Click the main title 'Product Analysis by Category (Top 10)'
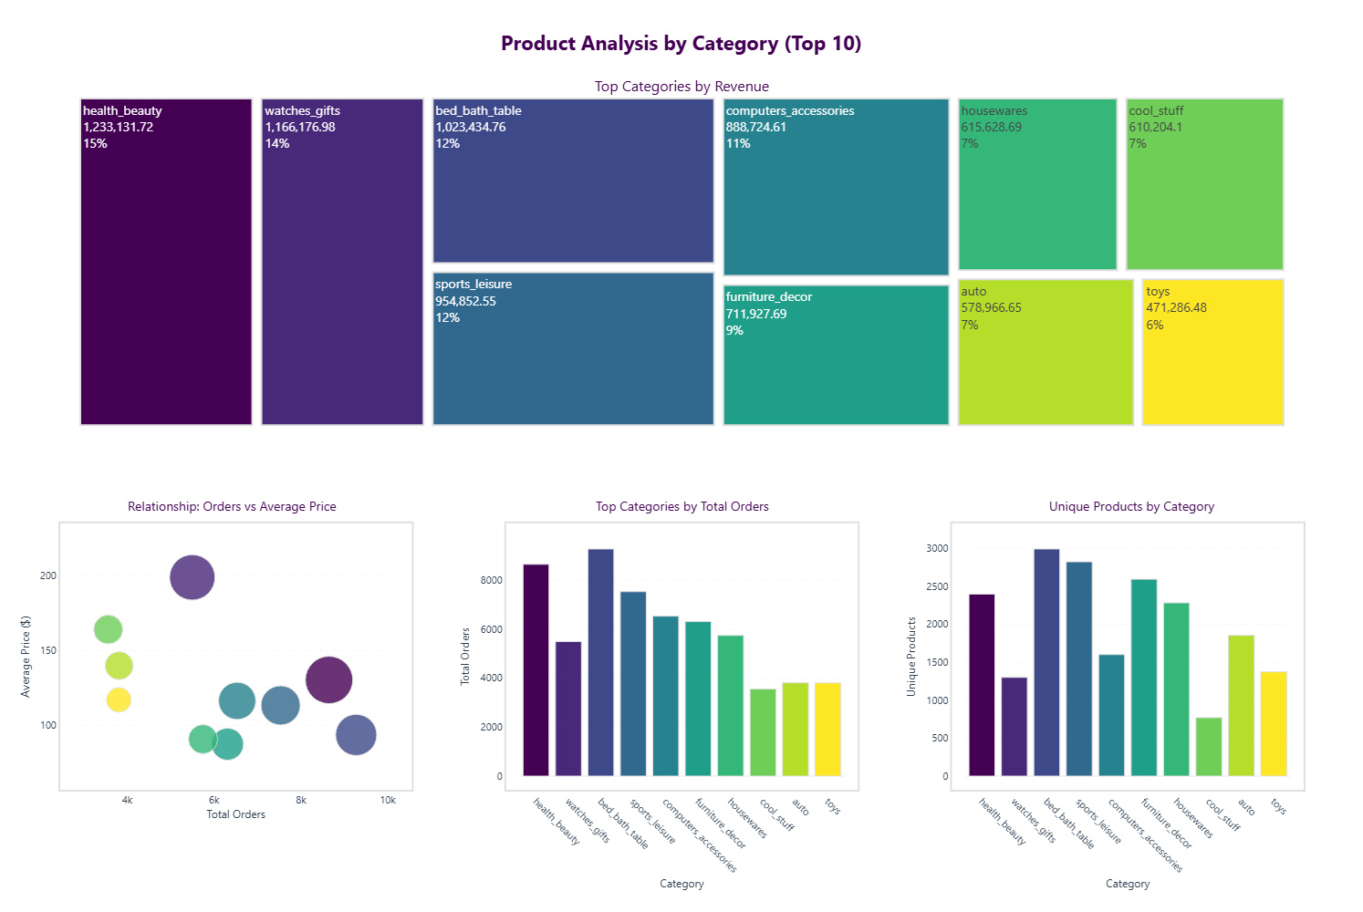681,44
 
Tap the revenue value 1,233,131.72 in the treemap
119,127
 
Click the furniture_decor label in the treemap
768,297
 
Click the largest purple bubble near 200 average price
192,577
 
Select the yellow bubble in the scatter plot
119,700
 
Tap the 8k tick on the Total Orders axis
301,800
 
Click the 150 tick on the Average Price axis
48,650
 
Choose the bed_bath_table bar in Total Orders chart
600,662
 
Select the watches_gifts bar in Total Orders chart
568,709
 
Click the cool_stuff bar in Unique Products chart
1208,747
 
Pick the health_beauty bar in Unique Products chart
982,685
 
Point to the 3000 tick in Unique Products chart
937,548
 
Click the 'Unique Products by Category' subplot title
1131,506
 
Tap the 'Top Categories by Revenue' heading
681,87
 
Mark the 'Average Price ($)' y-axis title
26,657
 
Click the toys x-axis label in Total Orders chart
832,806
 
